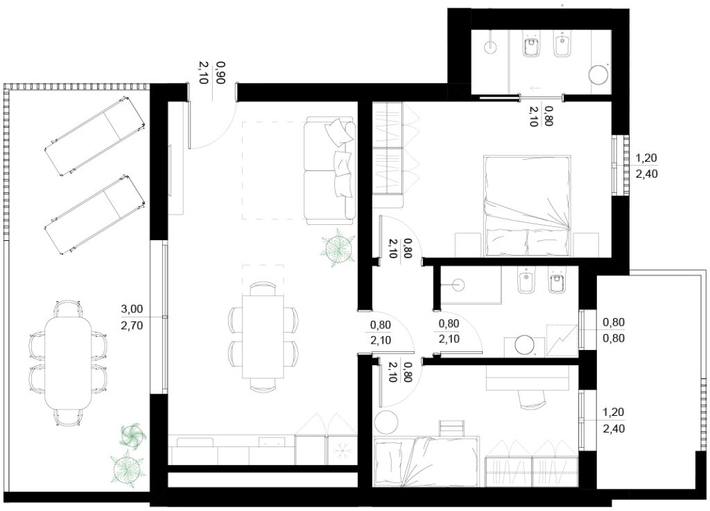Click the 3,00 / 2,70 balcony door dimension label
coord(132,317)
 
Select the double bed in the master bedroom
coord(527,206)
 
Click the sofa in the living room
coord(330,170)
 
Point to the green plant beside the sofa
coord(338,248)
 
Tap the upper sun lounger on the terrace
coord(96,136)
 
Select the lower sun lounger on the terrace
coord(96,214)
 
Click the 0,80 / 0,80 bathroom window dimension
coord(614,330)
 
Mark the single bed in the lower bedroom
coord(426,461)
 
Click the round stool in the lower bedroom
coord(386,423)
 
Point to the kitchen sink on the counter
coord(272,441)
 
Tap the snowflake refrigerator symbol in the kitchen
coord(341,451)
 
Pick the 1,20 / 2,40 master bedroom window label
coord(647,166)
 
